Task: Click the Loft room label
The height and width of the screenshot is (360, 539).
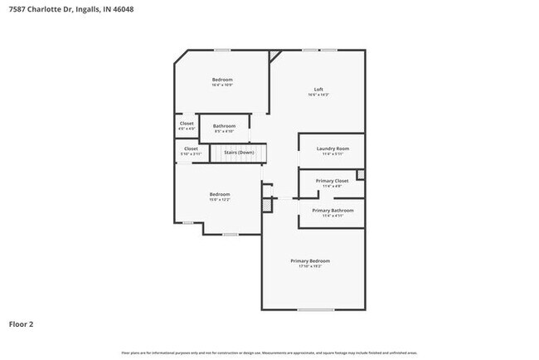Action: point(318,90)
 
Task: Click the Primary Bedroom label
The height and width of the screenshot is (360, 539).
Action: point(310,260)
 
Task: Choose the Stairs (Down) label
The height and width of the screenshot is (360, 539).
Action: point(240,153)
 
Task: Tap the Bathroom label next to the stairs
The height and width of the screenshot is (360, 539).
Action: point(225,126)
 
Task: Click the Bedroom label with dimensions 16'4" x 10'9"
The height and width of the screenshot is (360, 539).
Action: point(222,80)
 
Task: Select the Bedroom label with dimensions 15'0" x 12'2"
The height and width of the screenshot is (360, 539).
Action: point(220,194)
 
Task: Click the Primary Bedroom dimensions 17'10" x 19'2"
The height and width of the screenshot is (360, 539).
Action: point(310,266)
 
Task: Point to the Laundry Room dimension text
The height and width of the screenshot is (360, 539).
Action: point(332,154)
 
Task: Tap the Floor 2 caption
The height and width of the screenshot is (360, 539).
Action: point(22,324)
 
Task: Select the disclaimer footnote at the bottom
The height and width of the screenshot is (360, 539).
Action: point(269,353)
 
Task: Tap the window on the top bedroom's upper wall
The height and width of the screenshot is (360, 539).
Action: point(222,51)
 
